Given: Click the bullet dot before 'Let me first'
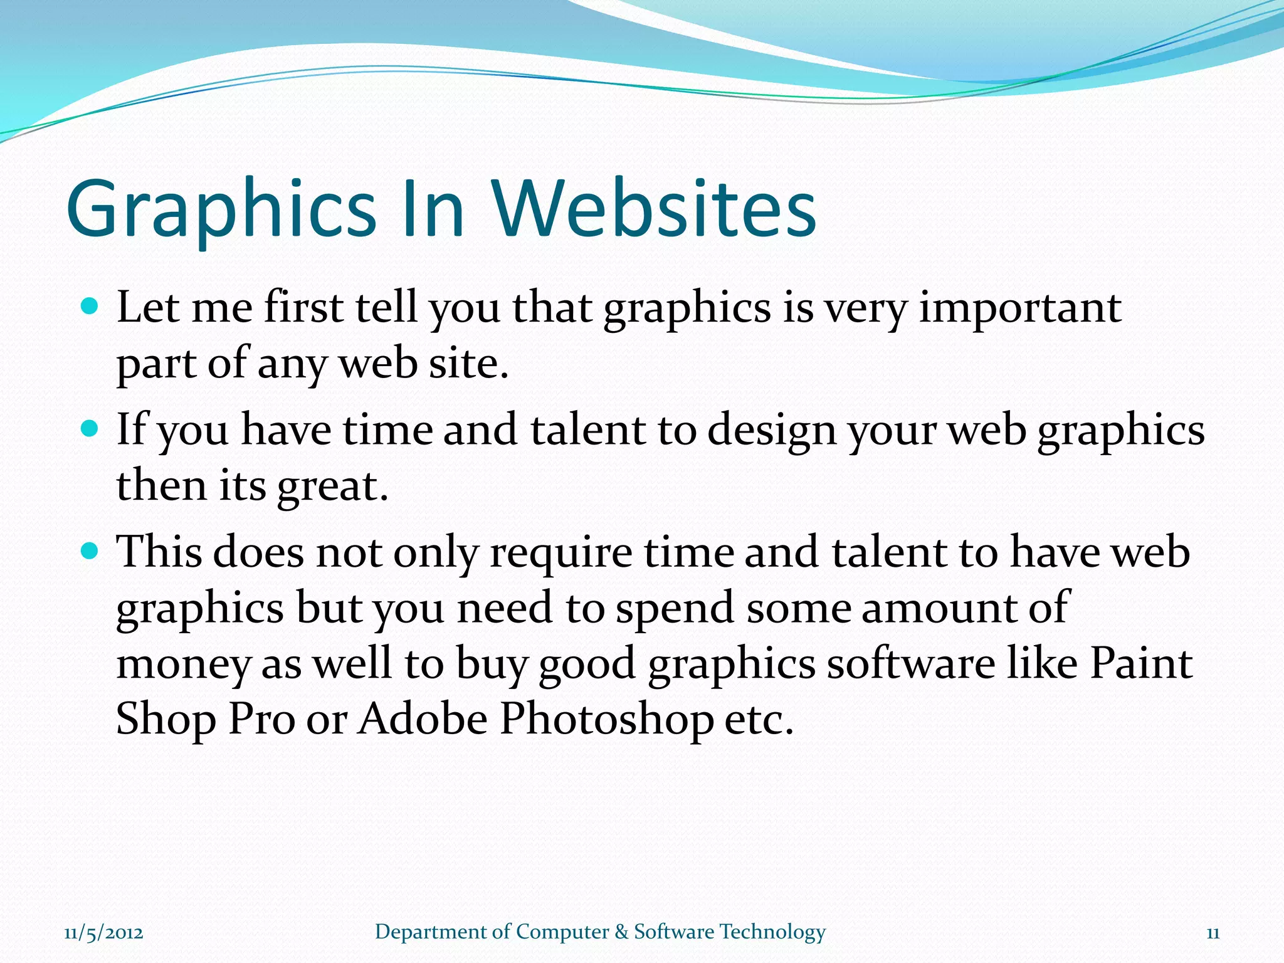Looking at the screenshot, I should [x=90, y=307].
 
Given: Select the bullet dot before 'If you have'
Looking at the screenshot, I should [x=90, y=429].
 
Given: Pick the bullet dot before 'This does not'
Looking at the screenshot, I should [x=90, y=551].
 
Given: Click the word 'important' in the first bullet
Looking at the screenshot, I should [x=1020, y=308].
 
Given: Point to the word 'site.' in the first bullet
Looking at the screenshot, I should [x=468, y=364].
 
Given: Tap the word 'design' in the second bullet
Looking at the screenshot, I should [x=772, y=432].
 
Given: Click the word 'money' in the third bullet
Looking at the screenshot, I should [x=183, y=665].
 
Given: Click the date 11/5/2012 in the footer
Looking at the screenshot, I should [x=103, y=933].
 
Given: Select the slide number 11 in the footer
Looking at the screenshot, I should [x=1213, y=933].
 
